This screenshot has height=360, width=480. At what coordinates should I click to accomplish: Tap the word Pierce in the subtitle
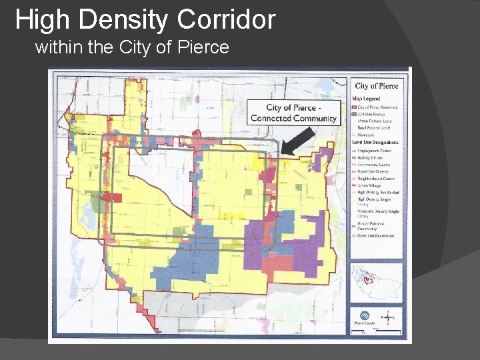click(x=200, y=47)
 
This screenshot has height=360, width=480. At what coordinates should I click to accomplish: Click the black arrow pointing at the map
click(x=298, y=138)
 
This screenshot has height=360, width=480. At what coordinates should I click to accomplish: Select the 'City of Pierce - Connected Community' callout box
click(x=293, y=113)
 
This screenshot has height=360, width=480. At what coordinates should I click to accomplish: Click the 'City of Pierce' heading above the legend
click(x=376, y=85)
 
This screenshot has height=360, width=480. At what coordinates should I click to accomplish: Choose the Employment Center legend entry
click(x=375, y=151)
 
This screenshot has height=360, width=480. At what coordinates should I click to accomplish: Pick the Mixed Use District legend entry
click(x=373, y=171)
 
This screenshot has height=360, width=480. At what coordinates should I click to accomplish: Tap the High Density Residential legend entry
click(x=377, y=191)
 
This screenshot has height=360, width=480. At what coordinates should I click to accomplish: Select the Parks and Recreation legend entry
click(x=375, y=235)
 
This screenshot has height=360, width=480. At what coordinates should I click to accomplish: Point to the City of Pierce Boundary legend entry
click(x=377, y=107)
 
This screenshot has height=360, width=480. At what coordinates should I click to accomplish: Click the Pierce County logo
click(x=360, y=319)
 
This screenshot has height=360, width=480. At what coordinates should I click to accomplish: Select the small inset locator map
click(x=375, y=279)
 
